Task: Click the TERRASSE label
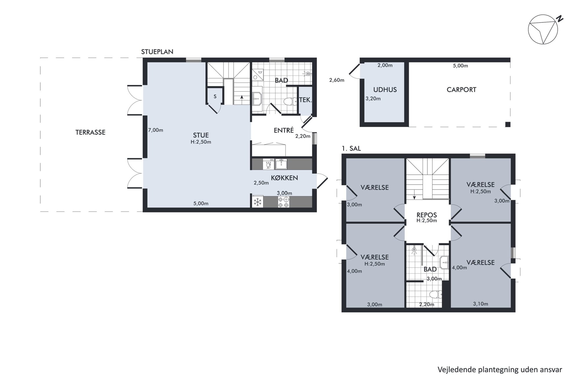coord(90,132)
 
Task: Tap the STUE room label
coord(201,135)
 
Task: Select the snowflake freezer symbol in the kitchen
coord(257,202)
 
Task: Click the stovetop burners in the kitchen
coord(283,202)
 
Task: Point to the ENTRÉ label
coord(284,130)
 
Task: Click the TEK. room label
coord(305,100)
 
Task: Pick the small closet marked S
coord(215,96)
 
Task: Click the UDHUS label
coord(385,90)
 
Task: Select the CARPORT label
coord(461,90)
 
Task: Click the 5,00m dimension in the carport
coord(460,66)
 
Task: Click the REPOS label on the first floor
coord(427,215)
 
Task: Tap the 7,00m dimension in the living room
coord(156,130)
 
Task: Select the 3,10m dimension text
coord(481,304)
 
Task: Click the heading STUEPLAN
coord(157,52)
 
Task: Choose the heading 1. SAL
coord(351,149)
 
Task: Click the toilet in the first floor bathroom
coord(436,295)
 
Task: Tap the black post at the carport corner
coord(508,124)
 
